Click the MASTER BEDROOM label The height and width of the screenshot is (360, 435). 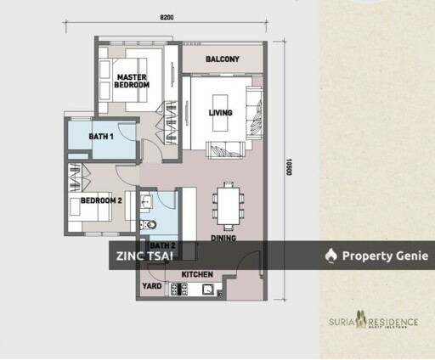[x=133, y=81]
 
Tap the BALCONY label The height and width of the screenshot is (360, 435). [x=223, y=59]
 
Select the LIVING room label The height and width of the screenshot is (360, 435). [x=220, y=113]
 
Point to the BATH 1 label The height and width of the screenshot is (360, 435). [x=101, y=137]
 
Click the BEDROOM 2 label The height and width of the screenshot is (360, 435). [x=99, y=201]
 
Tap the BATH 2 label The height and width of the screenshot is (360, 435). [x=162, y=245]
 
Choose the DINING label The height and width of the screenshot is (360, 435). [x=223, y=239]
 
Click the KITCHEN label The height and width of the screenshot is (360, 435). [x=197, y=275]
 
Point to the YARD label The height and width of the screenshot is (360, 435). [x=150, y=286]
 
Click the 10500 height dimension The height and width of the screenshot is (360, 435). [x=289, y=170]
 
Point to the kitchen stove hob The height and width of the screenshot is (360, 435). [x=178, y=291]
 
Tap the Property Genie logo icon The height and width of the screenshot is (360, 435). [x=331, y=255]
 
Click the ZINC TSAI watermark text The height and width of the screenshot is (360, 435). [x=142, y=255]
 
